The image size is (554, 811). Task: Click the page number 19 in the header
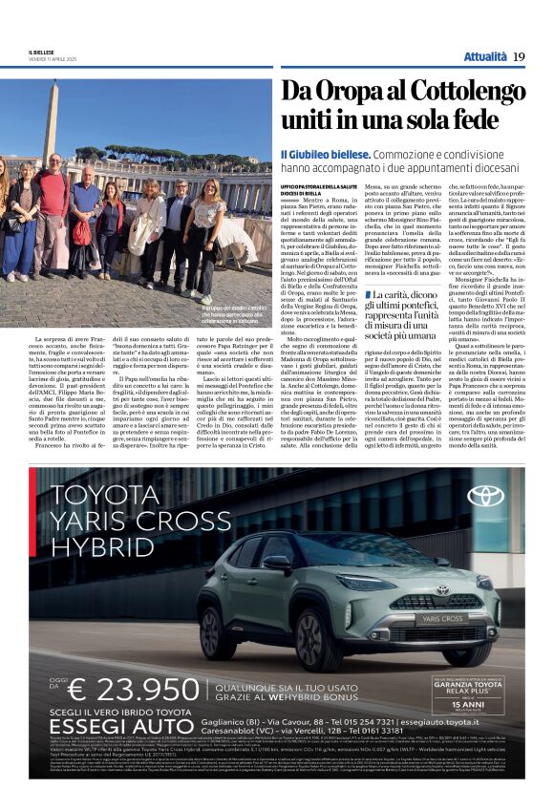coord(519,57)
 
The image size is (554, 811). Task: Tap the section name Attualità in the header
coord(485,57)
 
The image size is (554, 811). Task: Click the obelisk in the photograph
coord(50,120)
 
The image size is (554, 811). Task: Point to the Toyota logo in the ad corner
coord(486,496)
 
